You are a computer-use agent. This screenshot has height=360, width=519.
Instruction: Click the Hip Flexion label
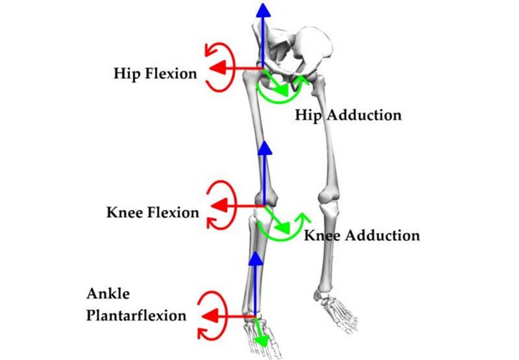point(155,74)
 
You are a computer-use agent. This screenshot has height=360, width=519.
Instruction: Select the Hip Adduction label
point(348,115)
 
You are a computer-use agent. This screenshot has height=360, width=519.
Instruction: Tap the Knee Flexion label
point(153,213)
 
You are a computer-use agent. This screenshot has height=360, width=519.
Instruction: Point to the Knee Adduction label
point(362,235)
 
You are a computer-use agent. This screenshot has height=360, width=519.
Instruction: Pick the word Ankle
point(108,293)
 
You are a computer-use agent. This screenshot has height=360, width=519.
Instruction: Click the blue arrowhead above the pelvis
point(263,9)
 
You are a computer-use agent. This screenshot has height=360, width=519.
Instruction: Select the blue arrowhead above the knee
point(263,149)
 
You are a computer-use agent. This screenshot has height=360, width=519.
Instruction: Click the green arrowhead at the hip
point(283,90)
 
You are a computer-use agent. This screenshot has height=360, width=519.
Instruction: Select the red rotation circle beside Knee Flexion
point(217,205)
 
